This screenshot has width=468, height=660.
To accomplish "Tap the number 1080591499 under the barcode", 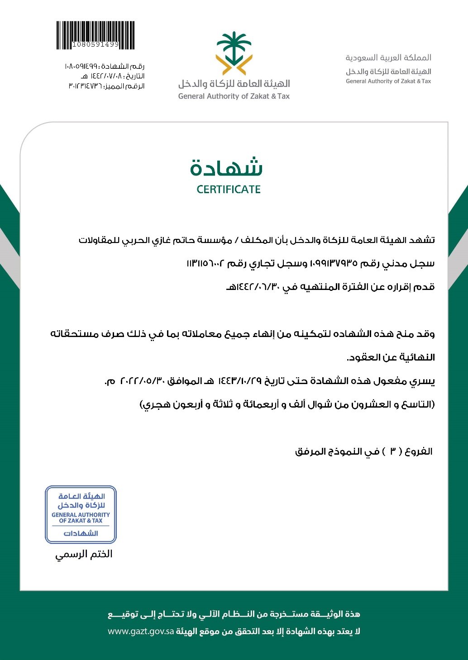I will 96,45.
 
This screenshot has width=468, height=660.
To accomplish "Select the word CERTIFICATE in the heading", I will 229,190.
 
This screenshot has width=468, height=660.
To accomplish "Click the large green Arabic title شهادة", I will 227,167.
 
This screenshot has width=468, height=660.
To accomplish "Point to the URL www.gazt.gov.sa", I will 141,632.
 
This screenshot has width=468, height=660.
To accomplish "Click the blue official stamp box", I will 81,514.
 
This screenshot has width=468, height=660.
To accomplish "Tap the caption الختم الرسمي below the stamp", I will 84,554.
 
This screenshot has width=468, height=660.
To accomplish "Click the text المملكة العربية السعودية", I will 388,58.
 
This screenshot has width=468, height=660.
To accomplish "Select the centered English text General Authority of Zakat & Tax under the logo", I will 234,96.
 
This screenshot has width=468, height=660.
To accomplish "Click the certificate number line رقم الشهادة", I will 105,66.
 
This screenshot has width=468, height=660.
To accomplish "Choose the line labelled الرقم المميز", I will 106,86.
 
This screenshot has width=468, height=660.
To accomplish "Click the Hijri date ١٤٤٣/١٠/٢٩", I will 240,381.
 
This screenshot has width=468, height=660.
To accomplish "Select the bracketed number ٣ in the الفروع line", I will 392,451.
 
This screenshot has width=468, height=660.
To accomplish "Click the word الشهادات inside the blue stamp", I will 81,533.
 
